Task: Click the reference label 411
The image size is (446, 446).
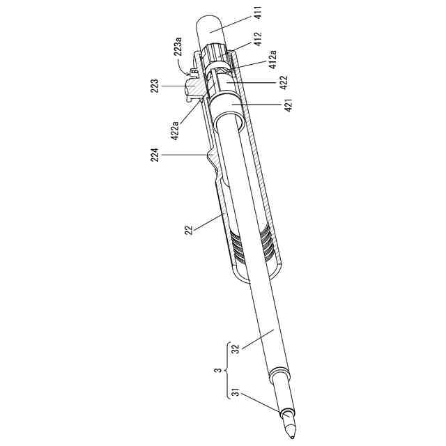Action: click(259, 13)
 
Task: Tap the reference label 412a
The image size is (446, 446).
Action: click(272, 59)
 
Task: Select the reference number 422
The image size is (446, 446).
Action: click(284, 82)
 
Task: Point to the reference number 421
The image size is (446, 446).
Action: click(289, 105)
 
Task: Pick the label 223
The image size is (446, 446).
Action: click(155, 86)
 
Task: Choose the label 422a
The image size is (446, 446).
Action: click(174, 130)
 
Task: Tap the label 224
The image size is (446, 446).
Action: click(155, 155)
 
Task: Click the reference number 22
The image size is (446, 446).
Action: click(189, 230)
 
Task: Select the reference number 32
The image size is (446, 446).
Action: click(236, 349)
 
